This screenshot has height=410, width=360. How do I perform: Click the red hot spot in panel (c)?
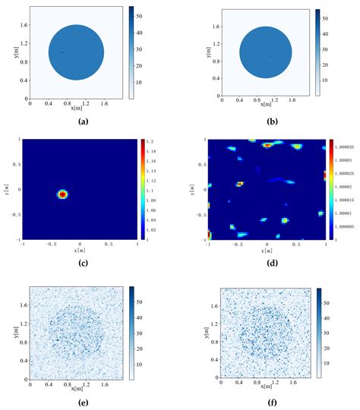[63, 194]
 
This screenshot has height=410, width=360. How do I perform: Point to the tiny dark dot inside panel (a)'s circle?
[62, 52]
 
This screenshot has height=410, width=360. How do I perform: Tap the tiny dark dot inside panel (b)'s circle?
[270, 56]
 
